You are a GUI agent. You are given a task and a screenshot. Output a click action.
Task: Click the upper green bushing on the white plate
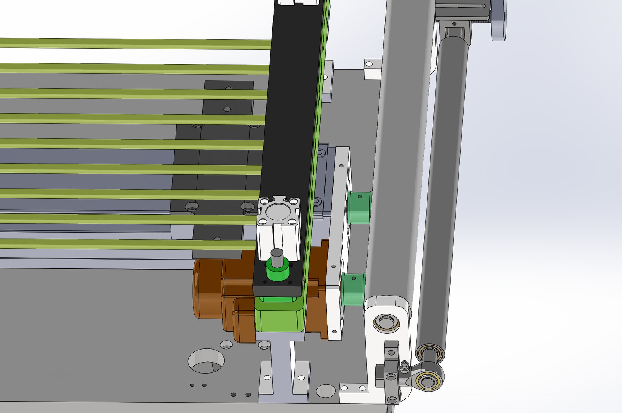pos(360,208)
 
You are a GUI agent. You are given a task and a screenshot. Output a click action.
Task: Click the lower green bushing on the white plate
pos(353,289)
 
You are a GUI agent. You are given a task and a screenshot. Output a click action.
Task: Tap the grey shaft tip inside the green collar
pos(277,255)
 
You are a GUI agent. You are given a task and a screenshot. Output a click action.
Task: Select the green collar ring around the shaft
pos(277,272)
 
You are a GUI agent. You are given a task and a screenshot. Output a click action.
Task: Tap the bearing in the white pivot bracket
pos(386,323)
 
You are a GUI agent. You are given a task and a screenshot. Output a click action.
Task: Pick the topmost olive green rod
pos(134,43)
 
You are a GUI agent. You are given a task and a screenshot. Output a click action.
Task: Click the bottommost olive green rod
pos(126,244)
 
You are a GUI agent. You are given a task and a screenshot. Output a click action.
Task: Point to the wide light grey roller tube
pos(400,153)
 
